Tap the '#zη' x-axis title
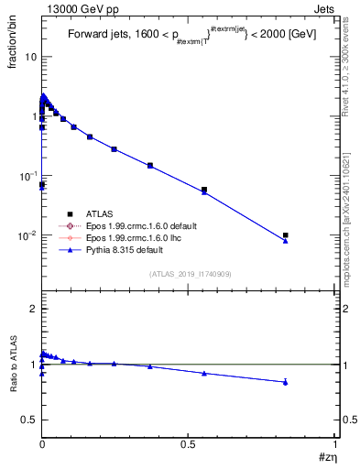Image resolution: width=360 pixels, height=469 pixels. click(x=325, y=455)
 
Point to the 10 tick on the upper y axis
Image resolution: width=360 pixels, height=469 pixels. click(x=30, y=57)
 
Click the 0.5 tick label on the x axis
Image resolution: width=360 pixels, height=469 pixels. click(x=189, y=443)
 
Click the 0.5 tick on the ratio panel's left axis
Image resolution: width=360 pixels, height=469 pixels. click(x=29, y=420)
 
